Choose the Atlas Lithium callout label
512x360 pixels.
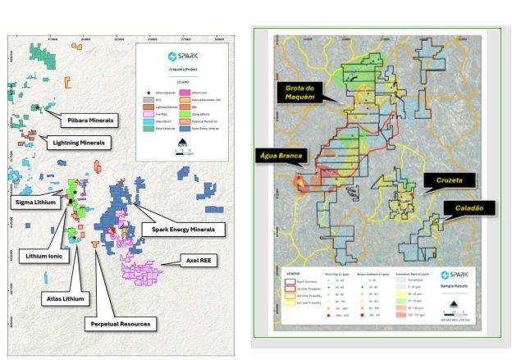pyautogui.click(x=63, y=298)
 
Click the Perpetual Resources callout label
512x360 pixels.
pyautogui.click(x=120, y=324)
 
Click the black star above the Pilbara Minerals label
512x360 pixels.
pyautogui.click(x=37, y=107)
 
